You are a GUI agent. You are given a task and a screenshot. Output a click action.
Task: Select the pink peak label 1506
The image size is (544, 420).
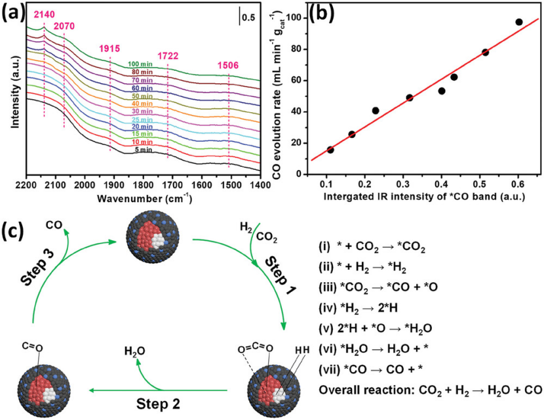[x=228, y=66]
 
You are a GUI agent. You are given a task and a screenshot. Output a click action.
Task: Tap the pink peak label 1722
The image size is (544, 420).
[x=168, y=57]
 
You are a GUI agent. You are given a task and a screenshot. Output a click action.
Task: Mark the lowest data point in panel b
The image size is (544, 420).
[x=330, y=150]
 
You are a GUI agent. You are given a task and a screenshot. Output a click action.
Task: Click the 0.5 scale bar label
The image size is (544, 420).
[x=250, y=18]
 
